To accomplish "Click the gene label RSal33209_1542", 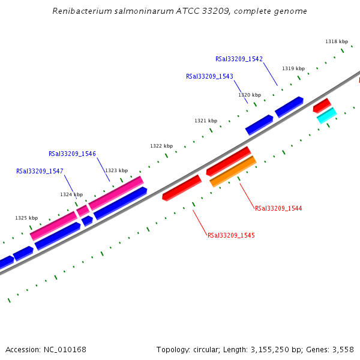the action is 239,59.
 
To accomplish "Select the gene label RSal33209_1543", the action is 209,76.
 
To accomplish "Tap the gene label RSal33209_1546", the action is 72,154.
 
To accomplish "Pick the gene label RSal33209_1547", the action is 40,171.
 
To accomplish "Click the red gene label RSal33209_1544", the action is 278,208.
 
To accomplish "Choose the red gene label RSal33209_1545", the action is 231,235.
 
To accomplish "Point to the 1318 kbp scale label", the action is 337,41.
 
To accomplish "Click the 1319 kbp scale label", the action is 293,68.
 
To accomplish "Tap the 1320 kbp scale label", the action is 250,95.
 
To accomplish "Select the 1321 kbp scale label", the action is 206,121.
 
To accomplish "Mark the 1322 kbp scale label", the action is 161,146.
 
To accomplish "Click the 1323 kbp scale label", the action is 116,170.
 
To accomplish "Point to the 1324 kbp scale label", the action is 71,194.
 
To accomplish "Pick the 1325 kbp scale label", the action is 26,218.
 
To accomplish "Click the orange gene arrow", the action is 233,171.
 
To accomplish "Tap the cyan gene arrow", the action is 326,115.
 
